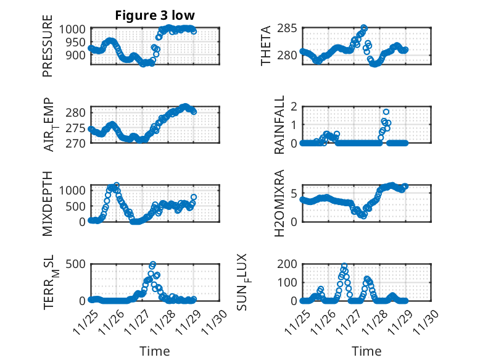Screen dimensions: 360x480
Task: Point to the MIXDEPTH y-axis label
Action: click(x=48, y=203)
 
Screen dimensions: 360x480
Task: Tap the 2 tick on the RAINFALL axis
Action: click(x=294, y=107)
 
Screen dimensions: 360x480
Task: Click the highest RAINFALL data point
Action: click(x=386, y=112)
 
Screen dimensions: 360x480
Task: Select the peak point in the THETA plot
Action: click(x=364, y=28)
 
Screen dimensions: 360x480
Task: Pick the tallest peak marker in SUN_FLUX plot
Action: click(x=344, y=266)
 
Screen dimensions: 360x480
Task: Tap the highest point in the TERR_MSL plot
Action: click(x=152, y=264)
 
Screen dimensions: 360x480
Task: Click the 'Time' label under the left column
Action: click(x=154, y=351)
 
